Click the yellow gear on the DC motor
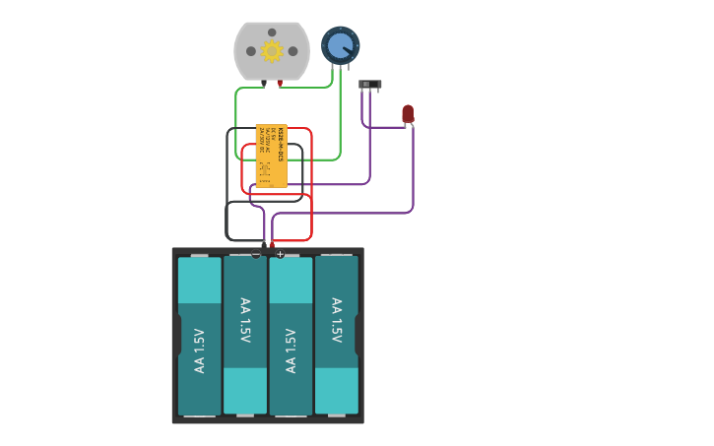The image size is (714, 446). pyautogui.click(x=272, y=51)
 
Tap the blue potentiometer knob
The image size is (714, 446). pyautogui.click(x=340, y=45)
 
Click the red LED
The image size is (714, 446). pyautogui.click(x=408, y=113)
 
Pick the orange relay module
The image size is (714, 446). pyautogui.click(x=272, y=156)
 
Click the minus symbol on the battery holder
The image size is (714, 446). pyautogui.click(x=256, y=254)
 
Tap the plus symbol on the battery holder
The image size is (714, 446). pyautogui.click(x=280, y=254)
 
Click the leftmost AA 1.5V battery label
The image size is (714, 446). pyautogui.click(x=200, y=350)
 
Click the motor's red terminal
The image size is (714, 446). pyautogui.click(x=280, y=84)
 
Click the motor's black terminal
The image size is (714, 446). pyautogui.click(x=264, y=84)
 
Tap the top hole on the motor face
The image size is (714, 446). pyautogui.click(x=272, y=32)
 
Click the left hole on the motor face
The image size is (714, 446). pyautogui.click(x=251, y=51)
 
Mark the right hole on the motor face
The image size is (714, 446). pyautogui.click(x=292, y=51)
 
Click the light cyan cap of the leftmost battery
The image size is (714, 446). pyautogui.click(x=200, y=281)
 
